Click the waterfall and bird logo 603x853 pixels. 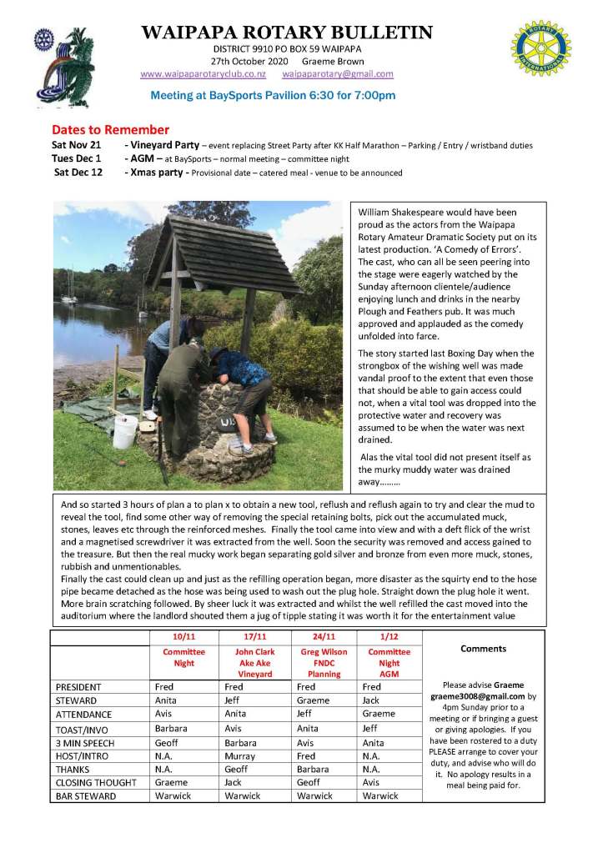pos(58,63)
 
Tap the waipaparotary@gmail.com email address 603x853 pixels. pos(338,73)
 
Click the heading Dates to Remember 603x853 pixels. pos(110,129)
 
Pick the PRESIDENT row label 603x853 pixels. pos(78,687)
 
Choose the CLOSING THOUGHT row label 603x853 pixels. pos(95,783)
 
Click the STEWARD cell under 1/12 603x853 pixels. pos(371,701)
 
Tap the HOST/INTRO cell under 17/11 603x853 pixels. pos(239,755)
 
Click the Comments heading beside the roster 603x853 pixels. pos(483,648)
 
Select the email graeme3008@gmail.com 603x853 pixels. pos(478,695)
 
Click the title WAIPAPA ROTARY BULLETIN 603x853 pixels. pos(287,33)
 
